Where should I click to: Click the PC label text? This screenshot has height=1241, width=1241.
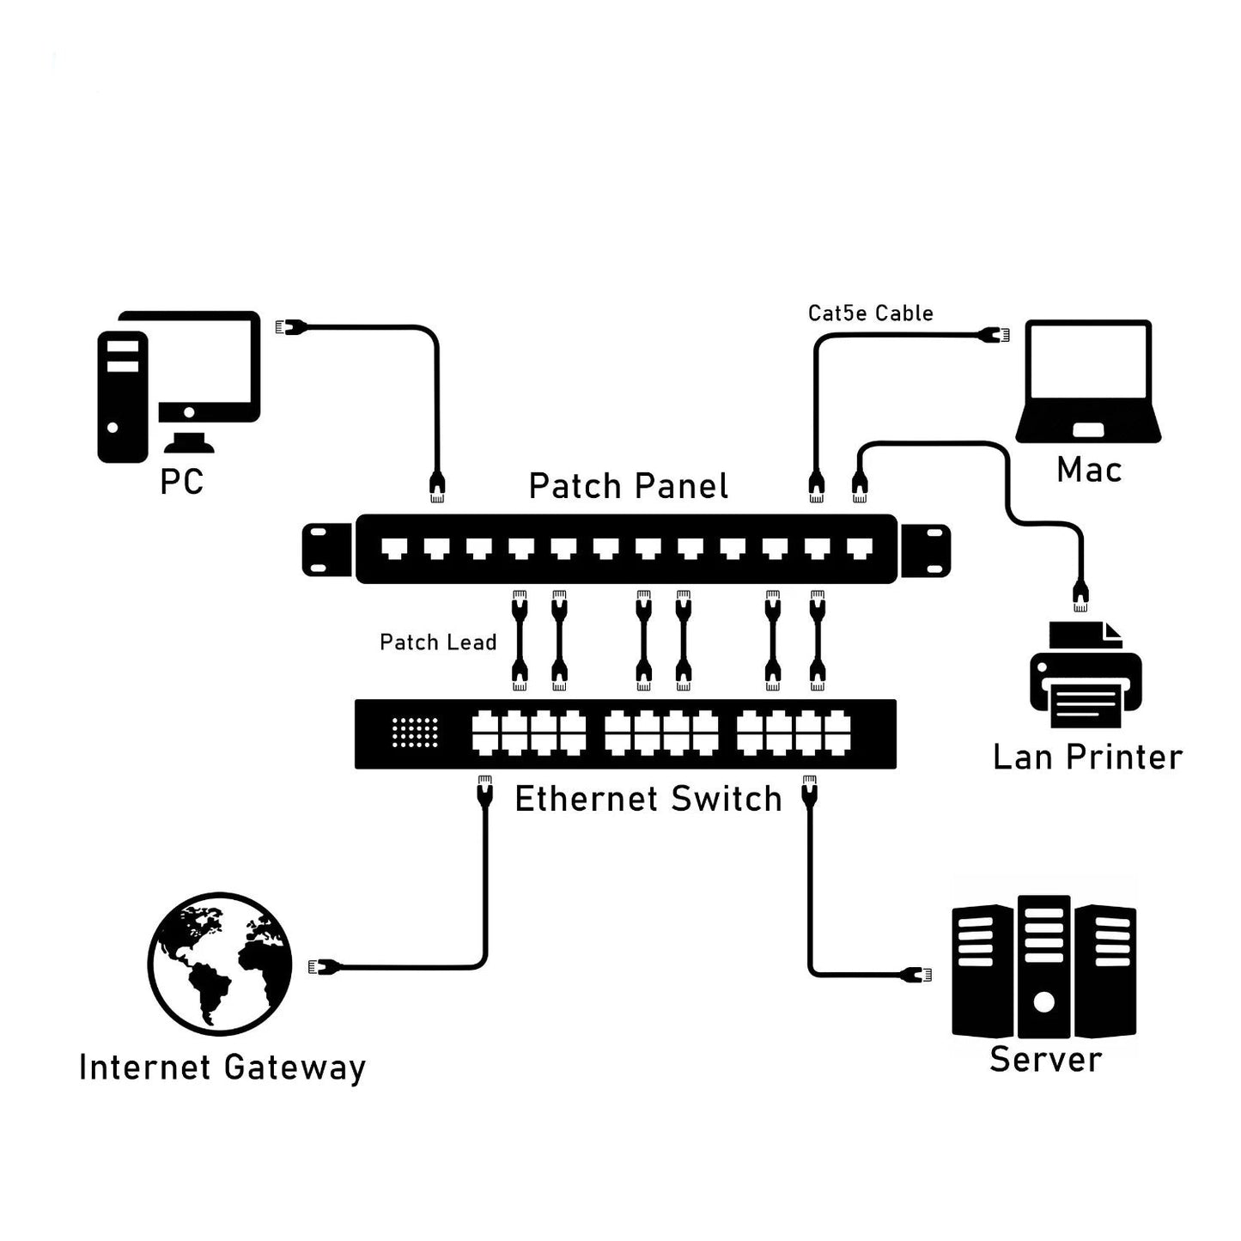(181, 482)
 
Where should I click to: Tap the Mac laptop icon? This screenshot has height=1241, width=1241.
(1088, 381)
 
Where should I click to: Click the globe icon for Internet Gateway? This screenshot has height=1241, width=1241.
(220, 963)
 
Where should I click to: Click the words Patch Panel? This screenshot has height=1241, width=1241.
(628, 486)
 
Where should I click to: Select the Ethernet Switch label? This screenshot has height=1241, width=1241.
(648, 799)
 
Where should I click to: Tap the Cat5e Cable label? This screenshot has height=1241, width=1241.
(870, 313)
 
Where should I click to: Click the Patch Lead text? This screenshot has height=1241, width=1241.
(438, 642)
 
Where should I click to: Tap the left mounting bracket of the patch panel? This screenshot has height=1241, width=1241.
(327, 550)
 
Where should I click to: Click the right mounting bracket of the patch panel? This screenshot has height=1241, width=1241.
(925, 550)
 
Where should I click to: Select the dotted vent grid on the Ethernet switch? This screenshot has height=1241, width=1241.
(415, 733)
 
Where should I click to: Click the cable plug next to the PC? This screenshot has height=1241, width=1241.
(290, 327)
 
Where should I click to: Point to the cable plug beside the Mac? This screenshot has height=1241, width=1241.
(996, 335)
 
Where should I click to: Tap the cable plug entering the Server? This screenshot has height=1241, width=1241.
(916, 974)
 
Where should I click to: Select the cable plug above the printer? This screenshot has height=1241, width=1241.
(1080, 595)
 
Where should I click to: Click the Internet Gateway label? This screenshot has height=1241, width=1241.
(222, 1068)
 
